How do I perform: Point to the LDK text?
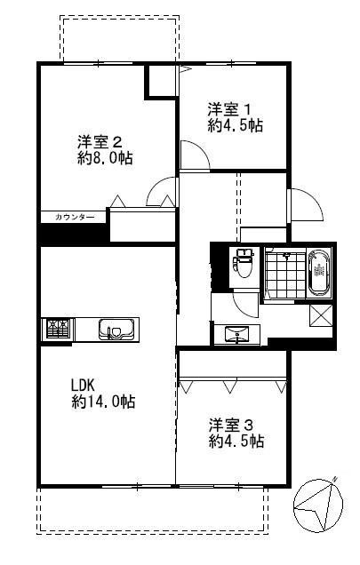pos(83,386)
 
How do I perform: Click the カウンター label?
pos(75,218)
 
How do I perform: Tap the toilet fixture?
pos(244,263)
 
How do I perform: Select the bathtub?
pos(319,273)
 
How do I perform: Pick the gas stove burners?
pos(58,329)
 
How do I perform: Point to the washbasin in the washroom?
pos(236,334)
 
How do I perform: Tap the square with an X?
pos(321,316)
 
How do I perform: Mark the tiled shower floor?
pos(285,273)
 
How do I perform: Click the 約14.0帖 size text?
pos(103,402)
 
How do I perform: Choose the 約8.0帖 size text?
pos(105,158)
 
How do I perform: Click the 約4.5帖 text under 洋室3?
pos(236,441)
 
